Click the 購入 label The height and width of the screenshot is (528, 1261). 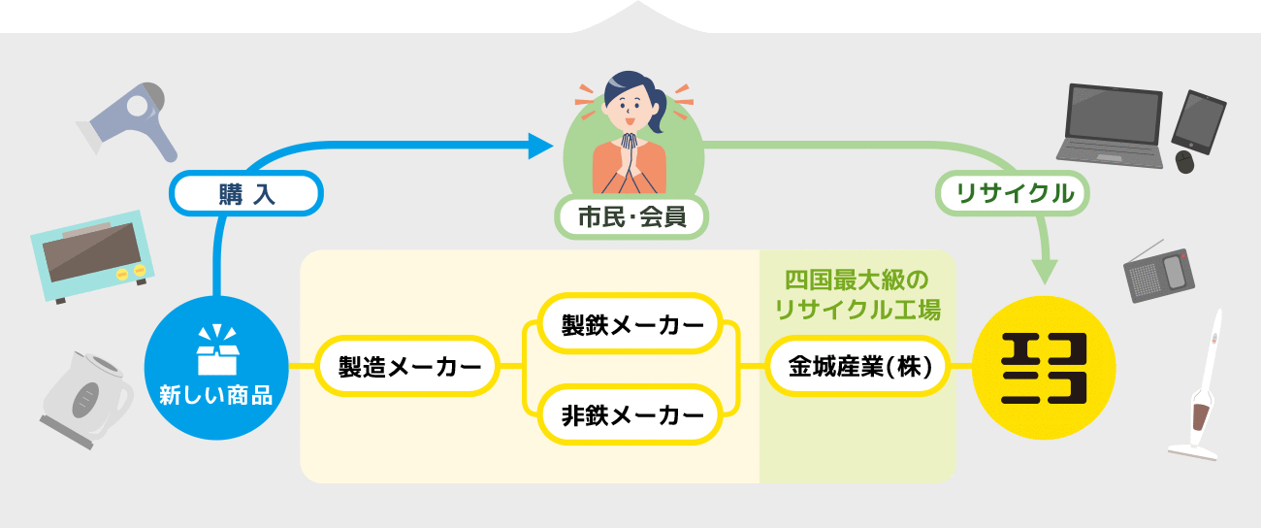click(x=247, y=193)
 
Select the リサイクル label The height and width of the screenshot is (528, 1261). click(x=1015, y=193)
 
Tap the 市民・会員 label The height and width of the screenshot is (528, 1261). click(x=631, y=217)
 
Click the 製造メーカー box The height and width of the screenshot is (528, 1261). click(x=408, y=368)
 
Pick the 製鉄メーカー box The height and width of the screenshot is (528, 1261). click(x=632, y=325)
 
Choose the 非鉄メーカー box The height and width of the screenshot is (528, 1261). click(x=632, y=415)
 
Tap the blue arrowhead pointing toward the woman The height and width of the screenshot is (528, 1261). click(x=540, y=147)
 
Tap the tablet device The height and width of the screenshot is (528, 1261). click(x=1200, y=121)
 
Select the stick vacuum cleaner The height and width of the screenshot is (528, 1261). click(x=1202, y=388)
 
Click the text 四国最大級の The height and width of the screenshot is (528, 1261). click(x=857, y=281)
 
